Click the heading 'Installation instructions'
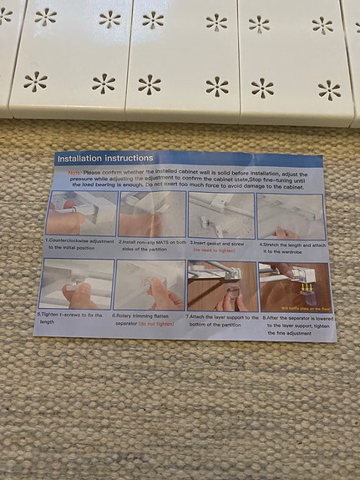click(104, 158)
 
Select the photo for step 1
click(82, 214)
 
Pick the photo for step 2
click(152, 215)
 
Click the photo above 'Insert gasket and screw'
click(221, 216)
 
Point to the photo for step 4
click(290, 217)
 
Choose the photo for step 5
click(76, 284)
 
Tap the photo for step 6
click(150, 285)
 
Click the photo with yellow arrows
click(295, 287)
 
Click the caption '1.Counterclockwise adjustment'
click(80, 240)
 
